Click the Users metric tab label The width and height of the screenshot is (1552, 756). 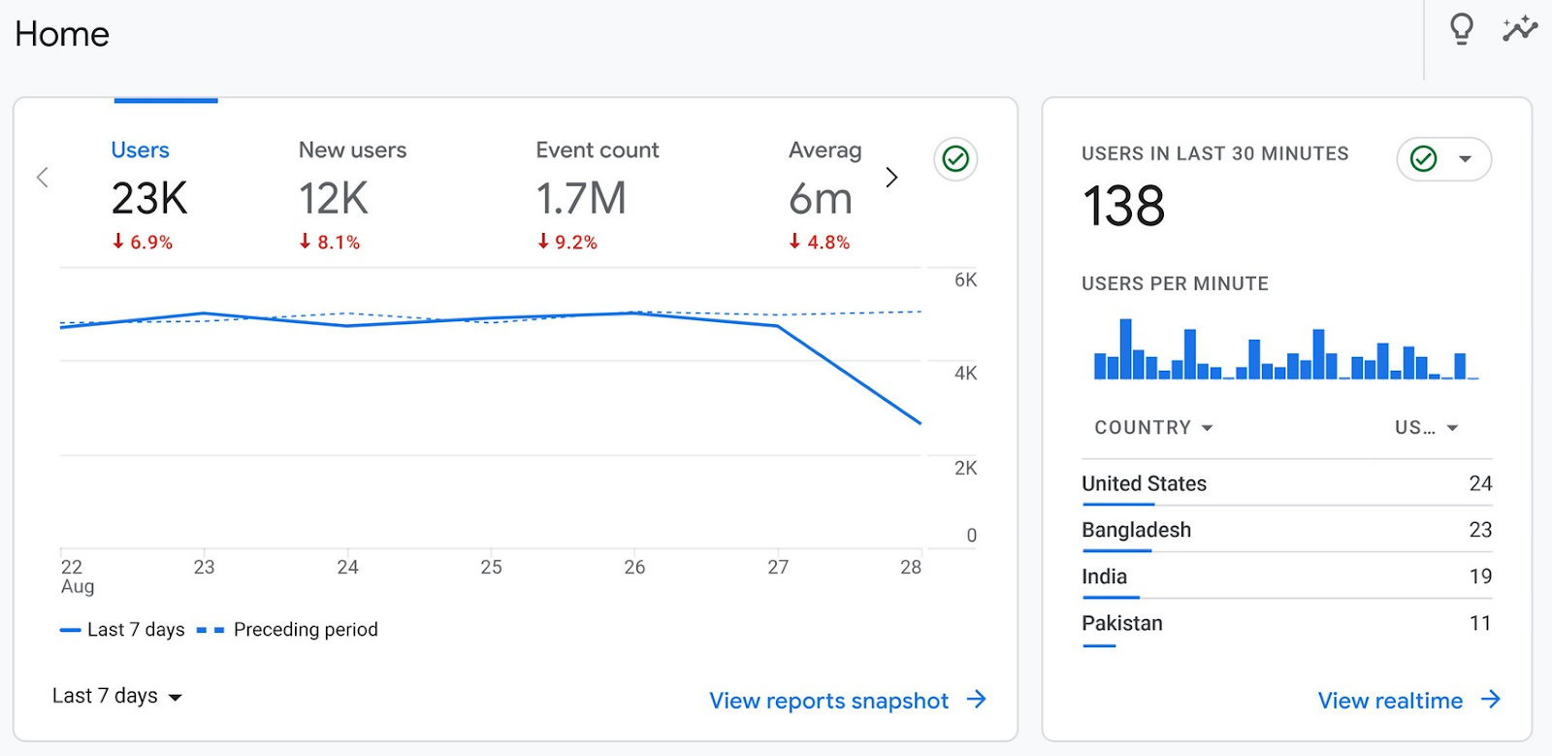pyautogui.click(x=140, y=150)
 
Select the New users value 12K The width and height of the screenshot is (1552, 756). pyautogui.click(x=333, y=199)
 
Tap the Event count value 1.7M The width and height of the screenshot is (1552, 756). pyautogui.click(x=580, y=199)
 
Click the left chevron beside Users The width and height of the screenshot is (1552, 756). pyautogui.click(x=43, y=178)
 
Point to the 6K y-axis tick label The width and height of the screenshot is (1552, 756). pyautogui.click(x=965, y=280)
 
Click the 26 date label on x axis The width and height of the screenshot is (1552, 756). pyautogui.click(x=634, y=568)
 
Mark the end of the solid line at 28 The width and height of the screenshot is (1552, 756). pyautogui.click(x=920, y=423)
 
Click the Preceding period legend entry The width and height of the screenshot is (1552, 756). pyautogui.click(x=305, y=630)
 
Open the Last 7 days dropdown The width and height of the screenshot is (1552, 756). pyautogui.click(x=116, y=696)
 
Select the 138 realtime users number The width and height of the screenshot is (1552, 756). pyautogui.click(x=1123, y=207)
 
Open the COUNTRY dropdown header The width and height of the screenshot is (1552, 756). pyautogui.click(x=1152, y=428)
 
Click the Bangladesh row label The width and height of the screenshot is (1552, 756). pyautogui.click(x=1136, y=530)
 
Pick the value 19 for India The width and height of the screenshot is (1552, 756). pyautogui.click(x=1479, y=576)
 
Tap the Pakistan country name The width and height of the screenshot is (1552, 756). pyautogui.click(x=1121, y=623)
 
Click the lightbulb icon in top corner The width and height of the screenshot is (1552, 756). pyautogui.click(x=1461, y=30)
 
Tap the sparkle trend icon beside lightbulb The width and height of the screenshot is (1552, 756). pyautogui.click(x=1519, y=29)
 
